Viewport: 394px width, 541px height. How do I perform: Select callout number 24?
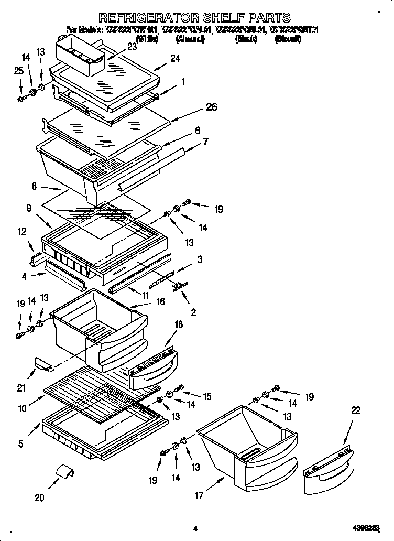pos(174,59)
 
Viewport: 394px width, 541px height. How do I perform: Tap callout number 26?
pos(211,107)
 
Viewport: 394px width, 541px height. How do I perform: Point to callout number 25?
pos(19,71)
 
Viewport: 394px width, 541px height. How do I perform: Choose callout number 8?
pos(34,185)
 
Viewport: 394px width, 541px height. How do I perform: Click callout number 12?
pos(22,231)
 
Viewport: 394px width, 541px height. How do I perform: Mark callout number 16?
pos(160,302)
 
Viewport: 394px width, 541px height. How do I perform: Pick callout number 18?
pos(178,325)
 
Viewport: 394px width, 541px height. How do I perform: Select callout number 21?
pos(21,388)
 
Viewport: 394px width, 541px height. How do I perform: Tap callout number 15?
pos(207,397)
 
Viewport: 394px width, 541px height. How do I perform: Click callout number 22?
pos(356,410)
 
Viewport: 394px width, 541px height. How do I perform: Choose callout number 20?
pos(39,497)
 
